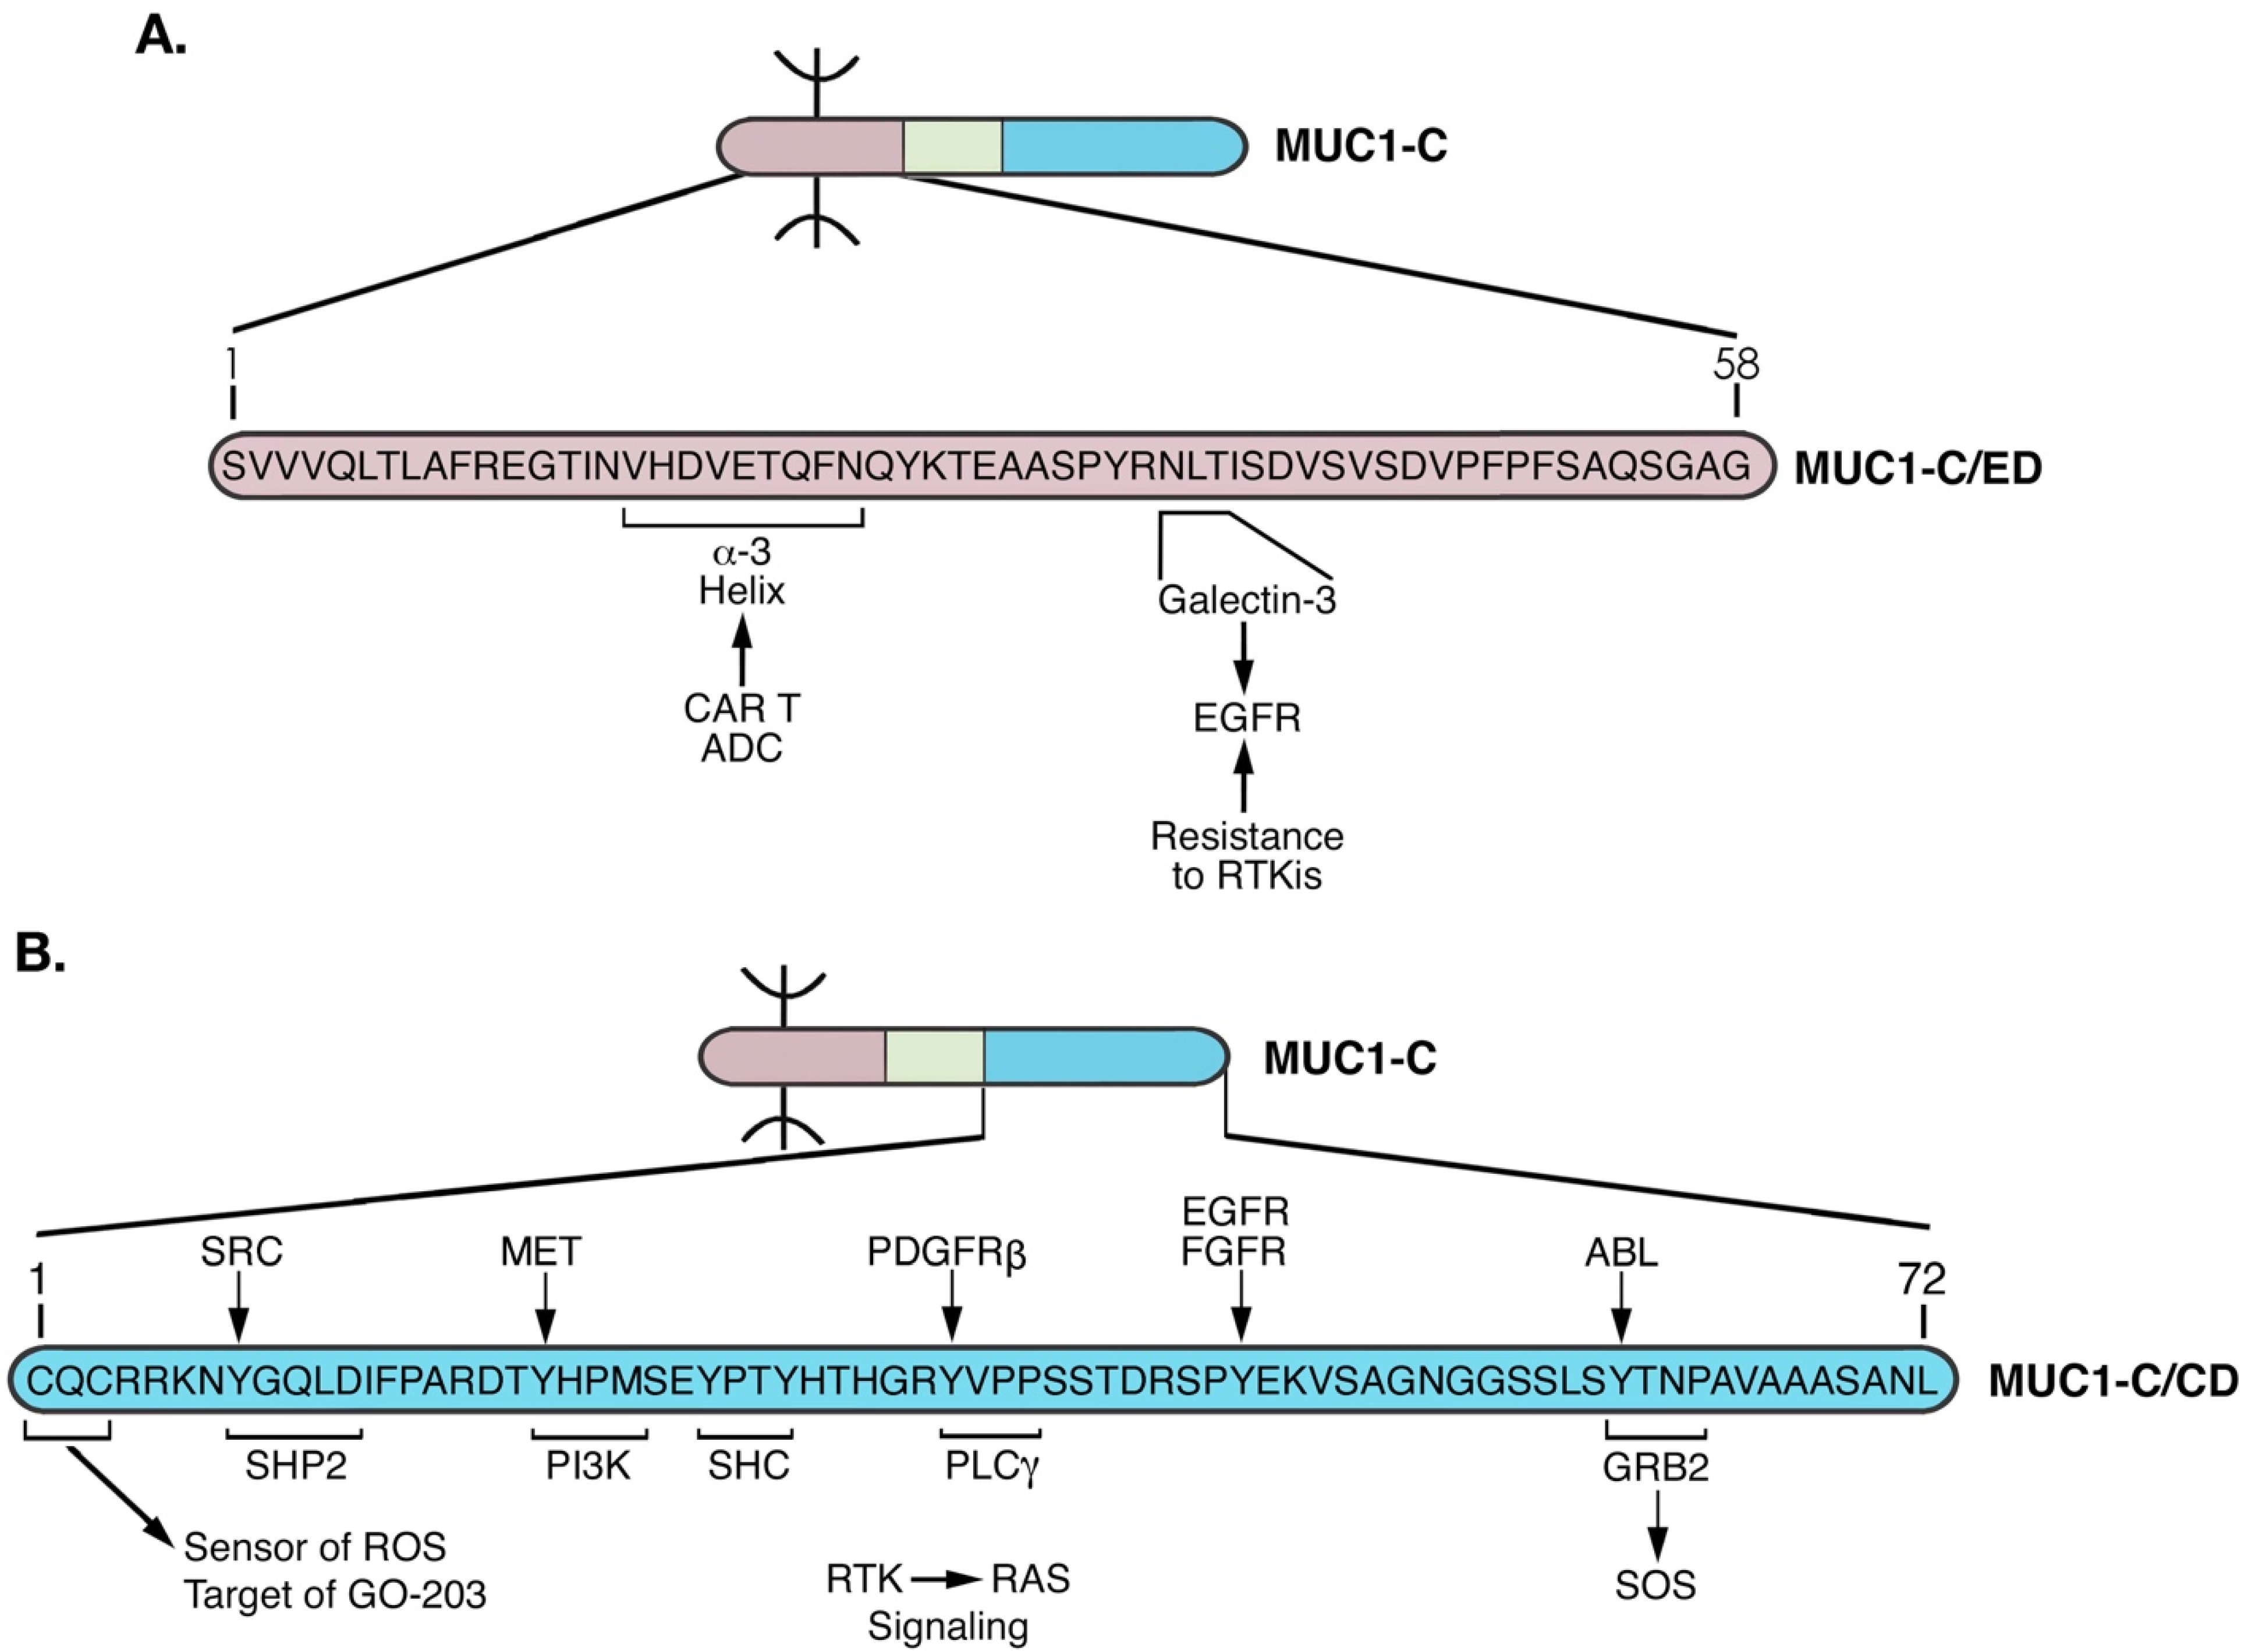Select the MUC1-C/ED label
pos(1918,468)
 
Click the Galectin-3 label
pos(1246,599)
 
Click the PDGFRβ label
pos(946,1252)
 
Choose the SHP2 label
pos(296,1466)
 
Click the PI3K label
pos(588,1466)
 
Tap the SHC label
pos(749,1466)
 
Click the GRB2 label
pos(1656,1466)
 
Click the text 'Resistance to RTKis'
pos(1246,855)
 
